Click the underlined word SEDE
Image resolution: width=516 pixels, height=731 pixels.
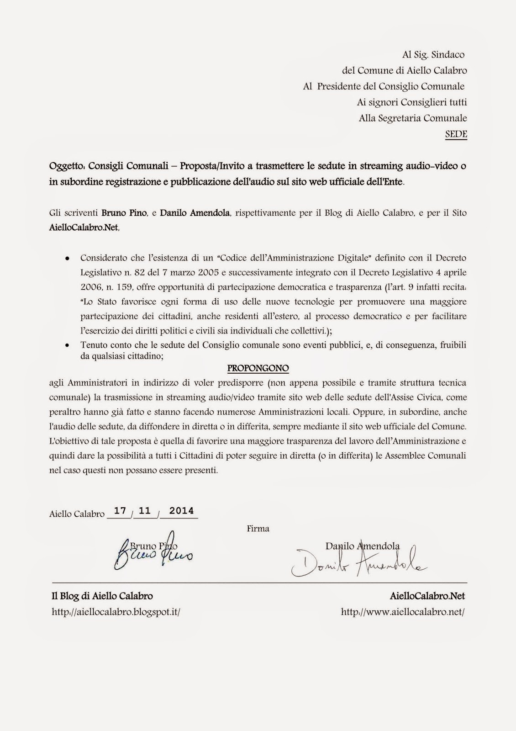click(x=456, y=134)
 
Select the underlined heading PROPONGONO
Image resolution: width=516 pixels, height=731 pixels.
click(x=258, y=368)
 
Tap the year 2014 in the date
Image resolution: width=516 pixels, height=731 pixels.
click(x=181, y=511)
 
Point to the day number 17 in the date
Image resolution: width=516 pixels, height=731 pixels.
click(x=120, y=511)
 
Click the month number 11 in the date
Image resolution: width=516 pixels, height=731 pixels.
click(x=145, y=511)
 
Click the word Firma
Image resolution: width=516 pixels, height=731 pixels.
click(x=258, y=529)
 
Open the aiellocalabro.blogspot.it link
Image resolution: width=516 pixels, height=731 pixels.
click(x=116, y=612)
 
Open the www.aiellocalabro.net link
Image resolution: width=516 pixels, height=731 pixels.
click(x=403, y=612)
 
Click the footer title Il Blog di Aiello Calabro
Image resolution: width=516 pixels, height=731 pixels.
click(x=102, y=596)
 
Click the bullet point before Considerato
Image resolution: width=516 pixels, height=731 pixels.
click(x=67, y=258)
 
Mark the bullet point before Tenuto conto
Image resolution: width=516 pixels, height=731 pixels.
click(x=67, y=346)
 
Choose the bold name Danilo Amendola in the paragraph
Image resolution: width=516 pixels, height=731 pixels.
click(x=195, y=213)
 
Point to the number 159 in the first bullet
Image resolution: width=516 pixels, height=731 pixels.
click(x=121, y=287)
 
